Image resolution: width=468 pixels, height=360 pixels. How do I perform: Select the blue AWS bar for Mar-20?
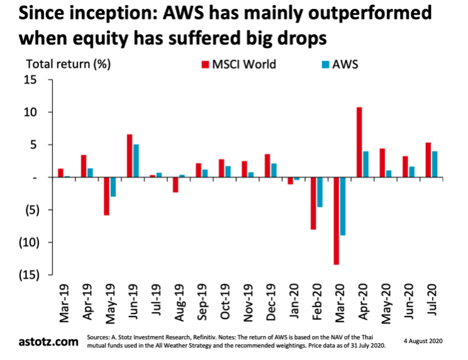pos(343,206)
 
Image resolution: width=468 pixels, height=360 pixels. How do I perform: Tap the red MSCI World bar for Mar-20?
pos(337,221)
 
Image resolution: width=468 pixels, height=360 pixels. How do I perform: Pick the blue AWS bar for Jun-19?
pos(135,161)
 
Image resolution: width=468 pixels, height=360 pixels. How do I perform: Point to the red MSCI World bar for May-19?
pos(106,196)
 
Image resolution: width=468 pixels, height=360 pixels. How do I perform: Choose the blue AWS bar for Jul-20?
pos(434,164)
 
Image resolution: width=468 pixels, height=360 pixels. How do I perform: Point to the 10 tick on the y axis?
pos(30,112)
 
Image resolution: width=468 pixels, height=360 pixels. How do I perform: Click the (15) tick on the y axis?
pos(27,275)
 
